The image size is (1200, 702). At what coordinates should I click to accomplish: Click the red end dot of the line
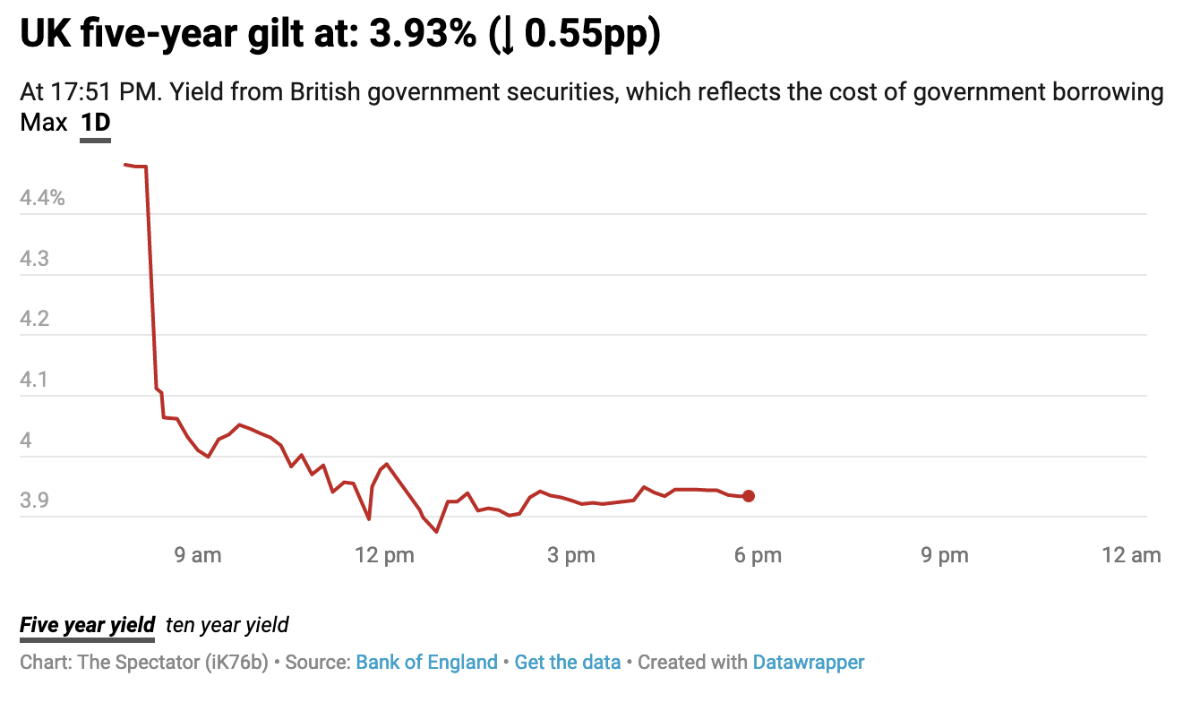pyautogui.click(x=749, y=496)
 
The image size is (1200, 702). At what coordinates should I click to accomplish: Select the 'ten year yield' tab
pyautogui.click(x=227, y=625)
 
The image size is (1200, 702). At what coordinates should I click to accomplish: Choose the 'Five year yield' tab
pyautogui.click(x=88, y=625)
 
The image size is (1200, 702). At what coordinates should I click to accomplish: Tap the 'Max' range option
pyautogui.click(x=44, y=123)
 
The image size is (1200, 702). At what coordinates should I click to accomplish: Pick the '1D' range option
pyautogui.click(x=96, y=123)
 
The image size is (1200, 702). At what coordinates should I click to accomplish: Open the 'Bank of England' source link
pyautogui.click(x=426, y=663)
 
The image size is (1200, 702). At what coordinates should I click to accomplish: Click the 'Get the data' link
pyautogui.click(x=568, y=663)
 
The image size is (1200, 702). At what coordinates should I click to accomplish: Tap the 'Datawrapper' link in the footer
pyautogui.click(x=809, y=663)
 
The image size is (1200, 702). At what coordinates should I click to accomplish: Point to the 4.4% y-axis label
pyautogui.click(x=42, y=198)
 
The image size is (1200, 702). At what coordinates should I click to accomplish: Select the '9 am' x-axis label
pyautogui.click(x=197, y=556)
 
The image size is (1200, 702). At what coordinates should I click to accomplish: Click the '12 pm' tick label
pyautogui.click(x=384, y=556)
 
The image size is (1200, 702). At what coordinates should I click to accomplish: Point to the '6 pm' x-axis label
pyautogui.click(x=758, y=556)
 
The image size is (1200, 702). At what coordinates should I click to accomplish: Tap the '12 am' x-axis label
pyautogui.click(x=1132, y=556)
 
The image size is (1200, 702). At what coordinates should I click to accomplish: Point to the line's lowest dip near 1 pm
pyautogui.click(x=436, y=532)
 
